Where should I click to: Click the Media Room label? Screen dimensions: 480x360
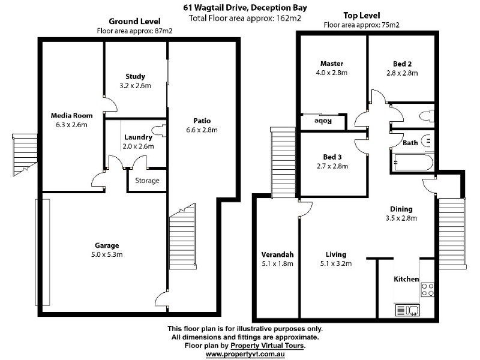click(71, 115)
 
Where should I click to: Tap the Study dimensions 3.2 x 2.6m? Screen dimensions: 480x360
click(136, 86)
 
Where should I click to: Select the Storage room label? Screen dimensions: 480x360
click(147, 181)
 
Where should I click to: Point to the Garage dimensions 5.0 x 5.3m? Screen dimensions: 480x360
click(107, 254)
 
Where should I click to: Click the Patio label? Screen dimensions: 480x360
click(202, 121)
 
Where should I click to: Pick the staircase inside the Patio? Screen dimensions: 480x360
click(182, 236)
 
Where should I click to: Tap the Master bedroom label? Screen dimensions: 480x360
click(332, 64)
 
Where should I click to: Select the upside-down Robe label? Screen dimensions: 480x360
click(323, 121)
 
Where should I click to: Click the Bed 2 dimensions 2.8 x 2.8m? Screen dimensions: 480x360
click(402, 73)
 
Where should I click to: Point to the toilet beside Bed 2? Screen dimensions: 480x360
click(427, 116)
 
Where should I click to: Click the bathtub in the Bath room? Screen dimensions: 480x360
click(413, 163)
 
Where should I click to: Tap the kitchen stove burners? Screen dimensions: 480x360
click(427, 290)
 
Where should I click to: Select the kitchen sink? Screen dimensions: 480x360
click(407, 310)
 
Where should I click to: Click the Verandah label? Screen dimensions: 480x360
click(277, 254)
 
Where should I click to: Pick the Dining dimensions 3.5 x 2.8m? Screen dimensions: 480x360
click(401, 218)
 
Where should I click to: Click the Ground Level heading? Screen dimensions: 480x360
click(134, 22)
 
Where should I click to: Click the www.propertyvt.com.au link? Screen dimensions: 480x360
click(245, 354)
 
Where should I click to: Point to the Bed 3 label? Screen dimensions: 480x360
click(332, 157)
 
